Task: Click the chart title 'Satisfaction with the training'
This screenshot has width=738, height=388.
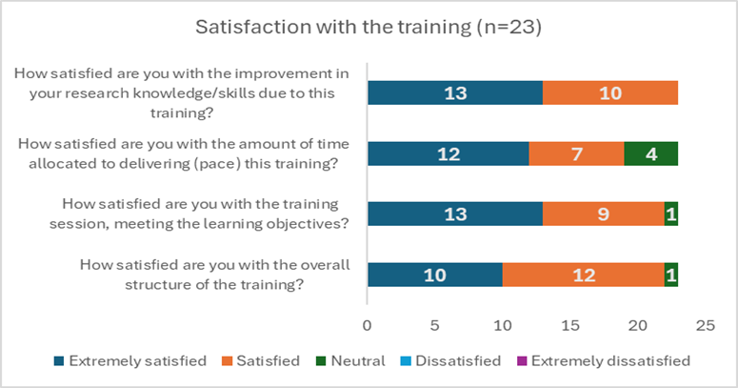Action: [x=369, y=27]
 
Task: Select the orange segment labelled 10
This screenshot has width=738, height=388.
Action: [x=610, y=92]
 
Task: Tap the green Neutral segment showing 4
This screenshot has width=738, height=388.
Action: [x=651, y=153]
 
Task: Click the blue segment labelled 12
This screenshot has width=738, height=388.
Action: [x=448, y=153]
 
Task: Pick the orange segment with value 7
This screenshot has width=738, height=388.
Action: [x=576, y=153]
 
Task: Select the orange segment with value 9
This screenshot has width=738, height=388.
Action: [x=604, y=214]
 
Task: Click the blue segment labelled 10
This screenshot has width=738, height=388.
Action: [x=434, y=276]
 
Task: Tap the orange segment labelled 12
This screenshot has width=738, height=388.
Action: [x=583, y=276]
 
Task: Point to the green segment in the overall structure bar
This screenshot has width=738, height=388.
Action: [x=671, y=276]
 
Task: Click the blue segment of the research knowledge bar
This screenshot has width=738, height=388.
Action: [x=454, y=92]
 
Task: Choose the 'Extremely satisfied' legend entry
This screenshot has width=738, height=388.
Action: [x=130, y=361]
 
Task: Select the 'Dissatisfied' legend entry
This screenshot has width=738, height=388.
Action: [x=455, y=361]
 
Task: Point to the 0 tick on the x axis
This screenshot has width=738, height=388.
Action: [x=368, y=325]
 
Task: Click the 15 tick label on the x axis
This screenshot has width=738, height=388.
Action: [x=569, y=325]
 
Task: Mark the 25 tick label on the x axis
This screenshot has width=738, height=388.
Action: [x=705, y=325]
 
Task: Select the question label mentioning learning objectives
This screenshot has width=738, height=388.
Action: [x=202, y=214]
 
